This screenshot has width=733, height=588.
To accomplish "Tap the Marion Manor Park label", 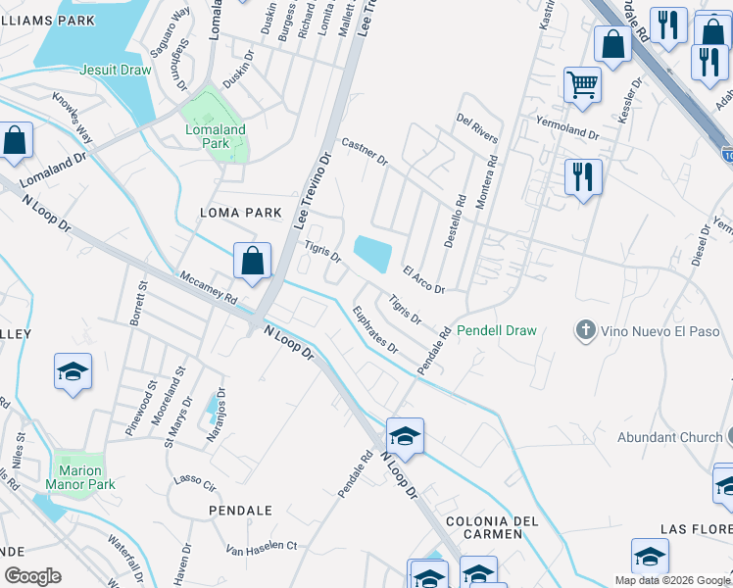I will click(79, 477).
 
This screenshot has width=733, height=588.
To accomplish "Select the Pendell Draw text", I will click(497, 330).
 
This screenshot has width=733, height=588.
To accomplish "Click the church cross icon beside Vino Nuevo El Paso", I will click(586, 330).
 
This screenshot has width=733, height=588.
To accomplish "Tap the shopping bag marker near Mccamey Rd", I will click(252, 262).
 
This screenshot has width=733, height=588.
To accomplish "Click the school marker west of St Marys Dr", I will click(73, 371).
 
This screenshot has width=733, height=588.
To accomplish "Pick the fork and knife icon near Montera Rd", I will click(582, 177).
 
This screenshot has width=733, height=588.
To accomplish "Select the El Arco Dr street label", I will click(423, 279).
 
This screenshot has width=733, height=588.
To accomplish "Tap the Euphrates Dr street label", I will click(376, 330).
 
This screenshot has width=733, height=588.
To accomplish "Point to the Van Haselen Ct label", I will click(262, 546).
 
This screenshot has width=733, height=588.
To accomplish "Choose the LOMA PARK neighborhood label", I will click(240, 213).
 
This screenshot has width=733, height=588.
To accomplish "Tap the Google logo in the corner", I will click(32, 576).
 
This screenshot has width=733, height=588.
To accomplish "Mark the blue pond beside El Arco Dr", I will click(372, 254).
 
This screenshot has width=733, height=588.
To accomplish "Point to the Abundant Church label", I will click(670, 437).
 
